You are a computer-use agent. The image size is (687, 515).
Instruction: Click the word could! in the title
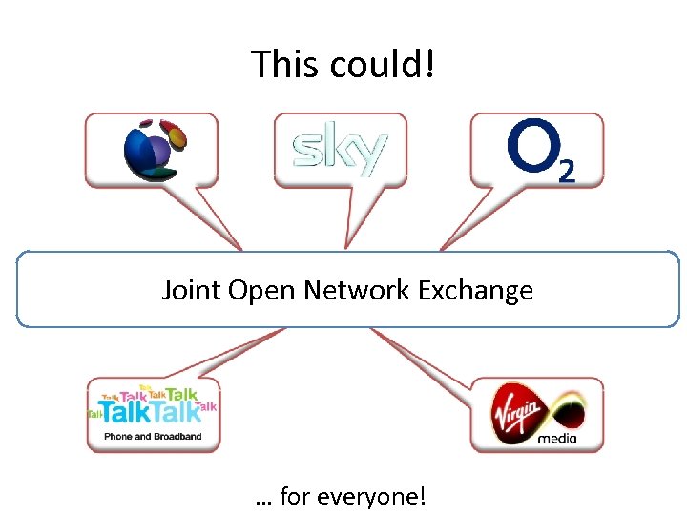click(383, 65)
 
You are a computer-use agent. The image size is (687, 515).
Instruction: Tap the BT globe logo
click(152, 149)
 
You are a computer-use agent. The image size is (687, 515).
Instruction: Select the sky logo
click(340, 150)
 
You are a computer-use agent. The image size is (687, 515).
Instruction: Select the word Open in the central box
click(261, 289)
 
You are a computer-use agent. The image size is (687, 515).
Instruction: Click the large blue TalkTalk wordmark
click(150, 412)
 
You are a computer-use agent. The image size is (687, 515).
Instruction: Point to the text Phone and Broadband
click(153, 438)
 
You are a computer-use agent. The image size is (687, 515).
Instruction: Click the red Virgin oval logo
click(518, 414)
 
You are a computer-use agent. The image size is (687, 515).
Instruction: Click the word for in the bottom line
click(297, 497)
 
